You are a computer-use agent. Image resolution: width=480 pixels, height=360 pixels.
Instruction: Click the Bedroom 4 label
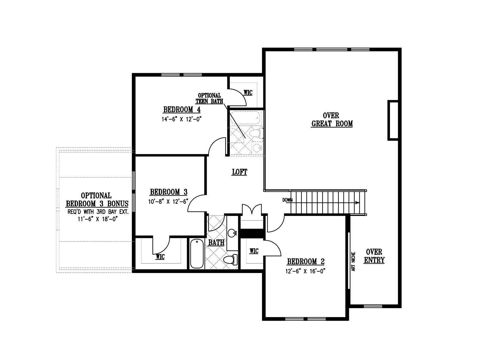point(182,109)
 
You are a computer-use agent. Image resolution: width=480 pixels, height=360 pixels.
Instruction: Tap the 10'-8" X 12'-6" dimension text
point(168,202)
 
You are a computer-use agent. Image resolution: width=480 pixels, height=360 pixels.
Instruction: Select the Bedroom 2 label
point(305,261)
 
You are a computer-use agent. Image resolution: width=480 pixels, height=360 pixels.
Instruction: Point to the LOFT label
point(239,172)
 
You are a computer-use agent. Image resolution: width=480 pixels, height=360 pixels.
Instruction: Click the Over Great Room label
point(332,120)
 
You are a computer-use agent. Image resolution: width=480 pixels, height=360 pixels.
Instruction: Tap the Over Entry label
point(374,256)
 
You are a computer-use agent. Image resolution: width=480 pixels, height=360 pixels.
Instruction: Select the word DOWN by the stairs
point(287,200)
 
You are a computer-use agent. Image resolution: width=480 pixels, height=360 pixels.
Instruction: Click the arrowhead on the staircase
point(357,202)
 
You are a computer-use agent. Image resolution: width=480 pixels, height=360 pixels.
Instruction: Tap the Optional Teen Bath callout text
point(209,98)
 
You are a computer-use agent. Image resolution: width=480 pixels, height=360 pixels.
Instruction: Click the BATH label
point(216,242)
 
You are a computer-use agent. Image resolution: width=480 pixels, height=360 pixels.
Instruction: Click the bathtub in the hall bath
point(197,253)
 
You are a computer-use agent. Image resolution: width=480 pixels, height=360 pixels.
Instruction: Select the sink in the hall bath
point(232,233)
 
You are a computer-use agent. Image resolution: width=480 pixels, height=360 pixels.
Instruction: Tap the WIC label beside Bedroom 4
point(248,93)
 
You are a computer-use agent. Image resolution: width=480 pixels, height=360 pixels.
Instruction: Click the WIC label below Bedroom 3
point(160,256)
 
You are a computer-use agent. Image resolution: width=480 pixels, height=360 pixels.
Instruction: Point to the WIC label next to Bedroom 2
point(254,251)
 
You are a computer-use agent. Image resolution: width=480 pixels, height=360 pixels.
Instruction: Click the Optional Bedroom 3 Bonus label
point(97,199)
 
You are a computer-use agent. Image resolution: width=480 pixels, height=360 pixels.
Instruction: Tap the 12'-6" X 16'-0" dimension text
point(305,271)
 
